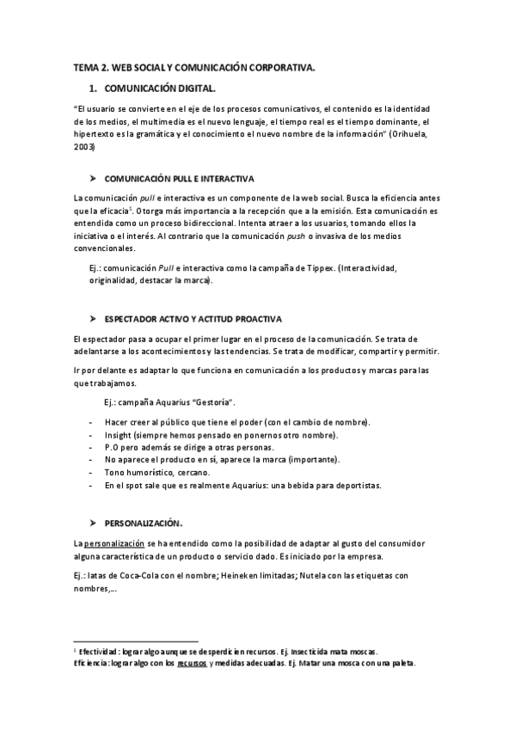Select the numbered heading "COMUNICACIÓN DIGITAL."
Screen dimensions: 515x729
tap(159, 88)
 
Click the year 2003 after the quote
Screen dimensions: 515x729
tap(85, 147)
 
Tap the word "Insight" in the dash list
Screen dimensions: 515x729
tap(120, 435)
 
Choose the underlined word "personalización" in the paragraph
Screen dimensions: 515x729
tap(114, 543)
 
